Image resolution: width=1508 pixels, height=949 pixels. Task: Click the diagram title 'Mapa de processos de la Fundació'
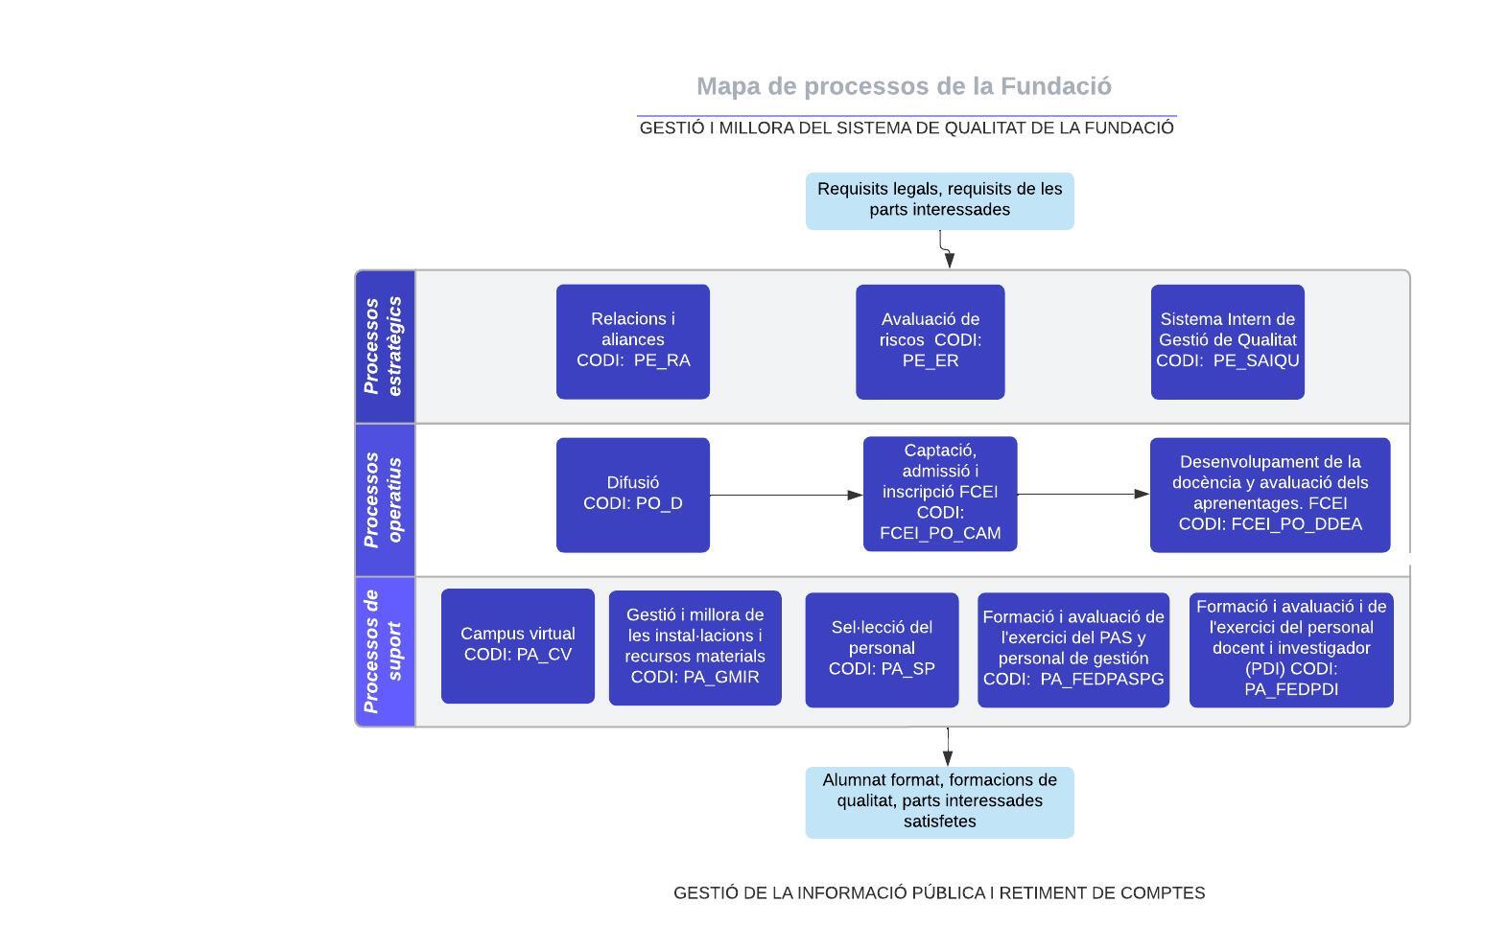(904, 86)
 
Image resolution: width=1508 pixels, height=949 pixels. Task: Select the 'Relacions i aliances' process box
(633, 341)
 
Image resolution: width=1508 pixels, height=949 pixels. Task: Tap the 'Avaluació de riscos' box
(930, 341)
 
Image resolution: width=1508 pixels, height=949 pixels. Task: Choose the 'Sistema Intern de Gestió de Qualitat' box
(1227, 341)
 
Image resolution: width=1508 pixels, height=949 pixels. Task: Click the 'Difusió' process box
(633, 495)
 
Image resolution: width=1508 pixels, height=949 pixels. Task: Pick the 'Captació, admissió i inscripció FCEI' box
(940, 494)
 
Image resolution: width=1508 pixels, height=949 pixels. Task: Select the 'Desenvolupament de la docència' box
(1270, 495)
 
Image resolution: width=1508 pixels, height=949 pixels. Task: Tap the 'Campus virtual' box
(518, 646)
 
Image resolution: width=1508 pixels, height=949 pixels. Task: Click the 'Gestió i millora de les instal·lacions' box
(695, 648)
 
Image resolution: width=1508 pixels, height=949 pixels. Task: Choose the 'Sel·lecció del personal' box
(882, 650)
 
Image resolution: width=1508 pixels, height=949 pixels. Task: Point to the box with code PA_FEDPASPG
(1073, 650)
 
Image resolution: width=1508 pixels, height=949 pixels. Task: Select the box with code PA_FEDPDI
(1291, 650)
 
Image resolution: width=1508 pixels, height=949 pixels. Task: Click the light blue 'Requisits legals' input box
(939, 200)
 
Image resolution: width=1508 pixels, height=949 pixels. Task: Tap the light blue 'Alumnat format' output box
(939, 802)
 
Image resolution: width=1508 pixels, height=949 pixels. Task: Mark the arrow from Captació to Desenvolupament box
(1082, 494)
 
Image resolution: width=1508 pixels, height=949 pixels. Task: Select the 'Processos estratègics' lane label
(385, 347)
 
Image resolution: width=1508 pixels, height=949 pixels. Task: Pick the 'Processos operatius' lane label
(385, 499)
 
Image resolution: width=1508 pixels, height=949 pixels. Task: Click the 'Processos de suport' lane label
(385, 652)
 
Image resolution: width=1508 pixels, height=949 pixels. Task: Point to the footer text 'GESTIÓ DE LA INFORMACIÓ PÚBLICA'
(939, 892)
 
